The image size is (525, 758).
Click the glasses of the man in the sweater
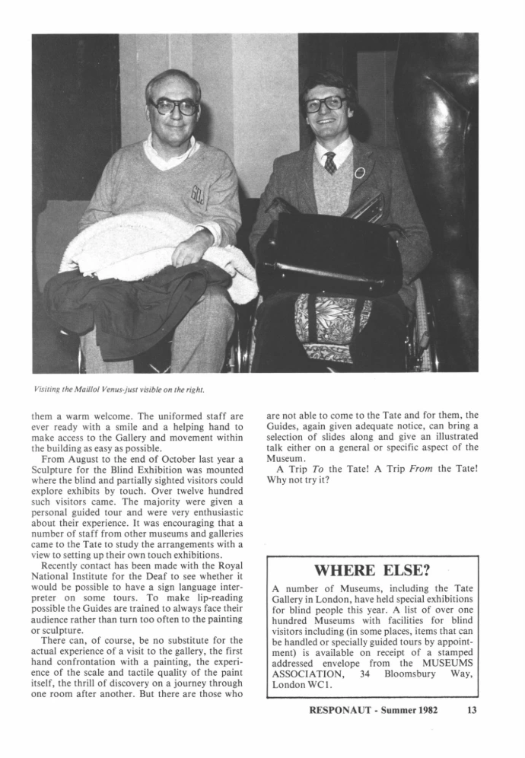click(174, 107)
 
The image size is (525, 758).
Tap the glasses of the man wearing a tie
click(325, 104)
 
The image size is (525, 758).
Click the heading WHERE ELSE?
click(372, 570)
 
